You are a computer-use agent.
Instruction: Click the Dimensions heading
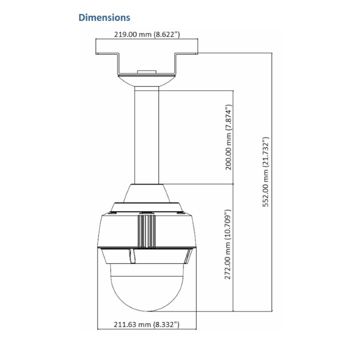(104, 17)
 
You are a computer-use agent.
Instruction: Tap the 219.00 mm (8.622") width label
(147, 34)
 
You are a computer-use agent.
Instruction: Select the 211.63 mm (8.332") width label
(146, 324)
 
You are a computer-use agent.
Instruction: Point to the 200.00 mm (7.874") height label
(228, 137)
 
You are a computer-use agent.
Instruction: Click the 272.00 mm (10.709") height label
(228, 244)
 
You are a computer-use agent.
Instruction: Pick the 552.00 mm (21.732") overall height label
(265, 172)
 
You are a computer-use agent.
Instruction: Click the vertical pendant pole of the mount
(146, 135)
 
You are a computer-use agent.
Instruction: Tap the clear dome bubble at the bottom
(147, 287)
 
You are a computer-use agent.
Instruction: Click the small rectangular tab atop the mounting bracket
(146, 72)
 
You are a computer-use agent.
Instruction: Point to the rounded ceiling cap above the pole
(146, 81)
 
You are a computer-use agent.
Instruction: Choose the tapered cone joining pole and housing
(146, 193)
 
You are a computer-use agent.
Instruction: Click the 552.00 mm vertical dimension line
(272, 182)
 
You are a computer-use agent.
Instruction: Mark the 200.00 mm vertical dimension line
(233, 137)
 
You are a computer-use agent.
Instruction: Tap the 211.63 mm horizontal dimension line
(147, 329)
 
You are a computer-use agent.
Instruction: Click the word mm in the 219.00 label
(145, 34)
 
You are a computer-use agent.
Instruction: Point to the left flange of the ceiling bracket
(107, 53)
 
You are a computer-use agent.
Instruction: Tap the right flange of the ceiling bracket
(186, 53)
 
